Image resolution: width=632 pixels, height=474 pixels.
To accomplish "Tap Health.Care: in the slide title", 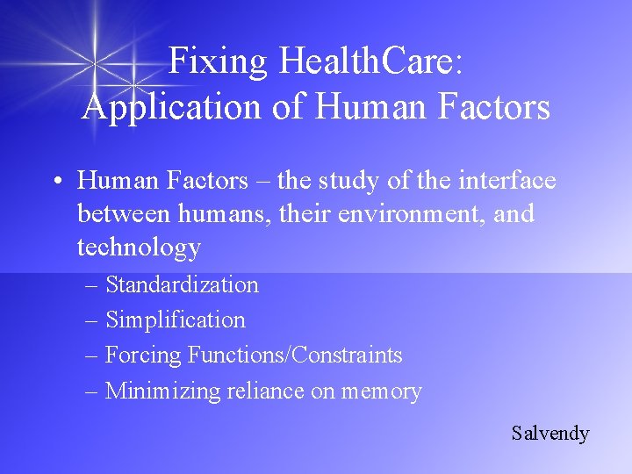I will point(372,61).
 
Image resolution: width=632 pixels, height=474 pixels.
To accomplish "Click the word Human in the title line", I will point(356,107).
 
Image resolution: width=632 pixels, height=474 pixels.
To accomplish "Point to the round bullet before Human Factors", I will point(56,182).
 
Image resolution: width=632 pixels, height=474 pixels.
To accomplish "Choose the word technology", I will point(139,248).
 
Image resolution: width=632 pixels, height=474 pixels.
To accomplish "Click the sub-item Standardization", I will point(182,284).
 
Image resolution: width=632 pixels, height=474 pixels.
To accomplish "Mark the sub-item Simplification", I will point(176,320).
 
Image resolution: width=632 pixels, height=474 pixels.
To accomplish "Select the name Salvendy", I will point(550,433).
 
